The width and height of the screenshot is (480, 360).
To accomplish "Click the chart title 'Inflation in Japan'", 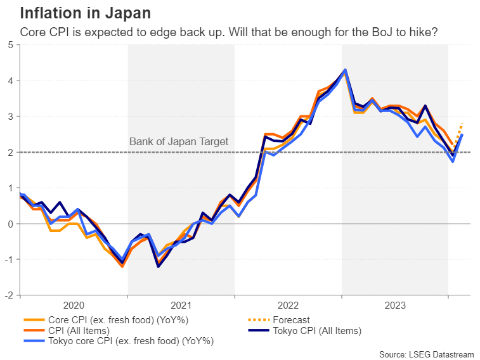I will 86,13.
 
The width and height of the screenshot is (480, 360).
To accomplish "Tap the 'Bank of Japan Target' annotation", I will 178,141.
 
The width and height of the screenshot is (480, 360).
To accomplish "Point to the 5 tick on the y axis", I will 11,45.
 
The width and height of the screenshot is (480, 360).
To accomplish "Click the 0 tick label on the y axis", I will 11,224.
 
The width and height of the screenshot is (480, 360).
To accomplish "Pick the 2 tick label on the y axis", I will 11,152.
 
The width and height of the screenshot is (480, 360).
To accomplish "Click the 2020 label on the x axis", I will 74,304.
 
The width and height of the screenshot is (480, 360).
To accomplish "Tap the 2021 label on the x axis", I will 181,304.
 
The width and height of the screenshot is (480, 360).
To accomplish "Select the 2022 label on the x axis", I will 288,304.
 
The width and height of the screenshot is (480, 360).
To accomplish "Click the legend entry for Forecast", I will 289,320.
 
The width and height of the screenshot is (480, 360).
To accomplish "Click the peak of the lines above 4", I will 345,70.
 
